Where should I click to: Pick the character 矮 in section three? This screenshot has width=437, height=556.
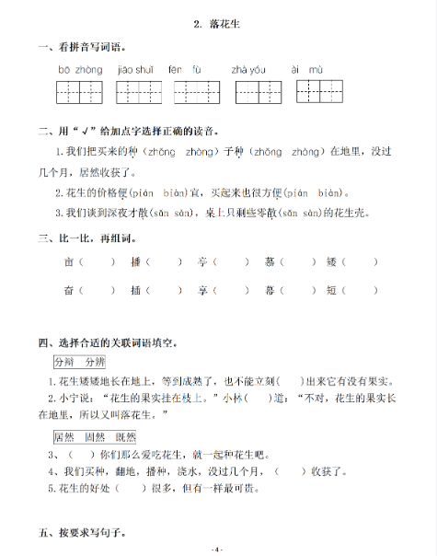332,262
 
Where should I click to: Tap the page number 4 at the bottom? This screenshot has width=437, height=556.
218,548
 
